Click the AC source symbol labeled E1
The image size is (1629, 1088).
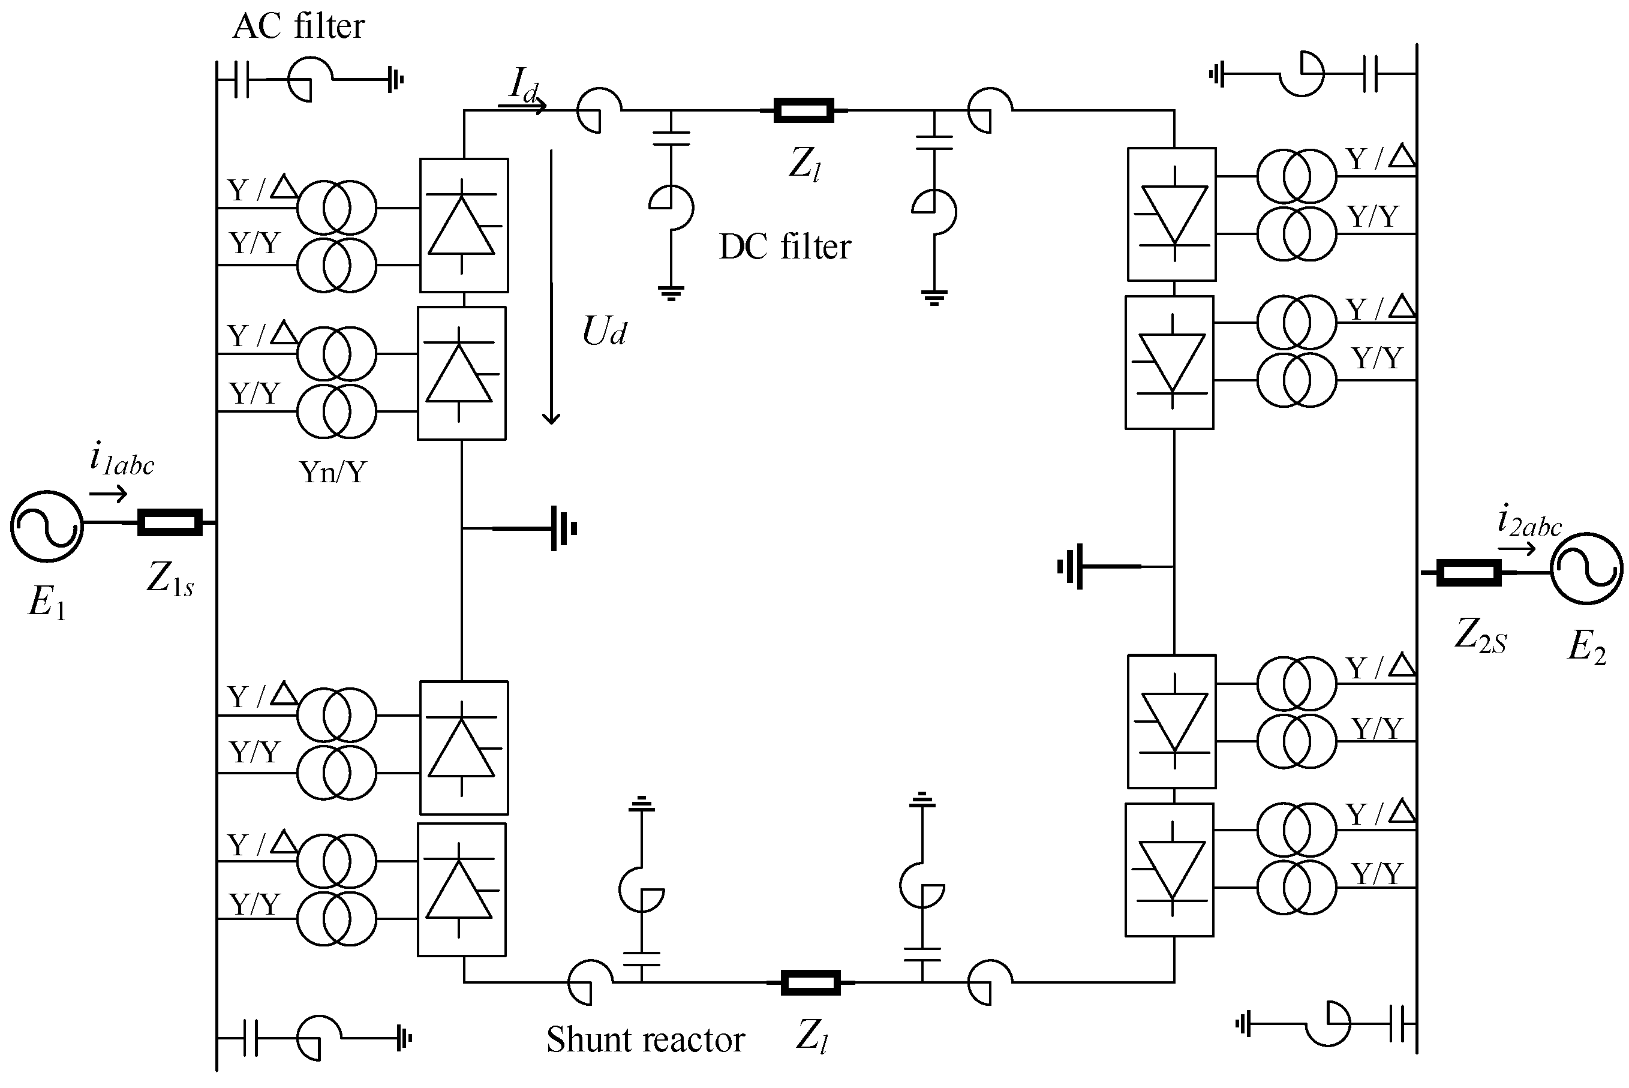(x=47, y=526)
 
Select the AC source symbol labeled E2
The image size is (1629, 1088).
(x=1586, y=568)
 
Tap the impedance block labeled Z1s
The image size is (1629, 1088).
(x=170, y=522)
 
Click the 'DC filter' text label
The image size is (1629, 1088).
(x=785, y=248)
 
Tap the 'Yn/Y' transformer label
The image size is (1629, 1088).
(x=332, y=473)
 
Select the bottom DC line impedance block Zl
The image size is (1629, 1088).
(x=810, y=982)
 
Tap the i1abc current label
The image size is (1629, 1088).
(x=122, y=460)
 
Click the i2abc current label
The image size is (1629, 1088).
(x=1528, y=522)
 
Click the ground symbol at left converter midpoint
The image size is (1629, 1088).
(x=563, y=529)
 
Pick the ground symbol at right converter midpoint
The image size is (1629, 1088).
(x=1071, y=567)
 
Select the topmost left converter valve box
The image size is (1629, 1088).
(x=464, y=226)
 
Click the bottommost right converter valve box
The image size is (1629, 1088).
(x=1169, y=870)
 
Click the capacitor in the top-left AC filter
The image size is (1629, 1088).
(x=242, y=79)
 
